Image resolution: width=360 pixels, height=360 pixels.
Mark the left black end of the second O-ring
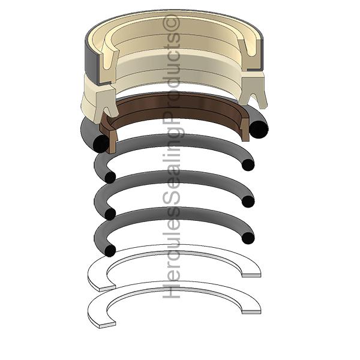coord(110,178)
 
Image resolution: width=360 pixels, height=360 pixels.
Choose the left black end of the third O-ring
coord(110,214)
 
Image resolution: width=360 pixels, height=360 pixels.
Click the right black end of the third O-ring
coord(248,202)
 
